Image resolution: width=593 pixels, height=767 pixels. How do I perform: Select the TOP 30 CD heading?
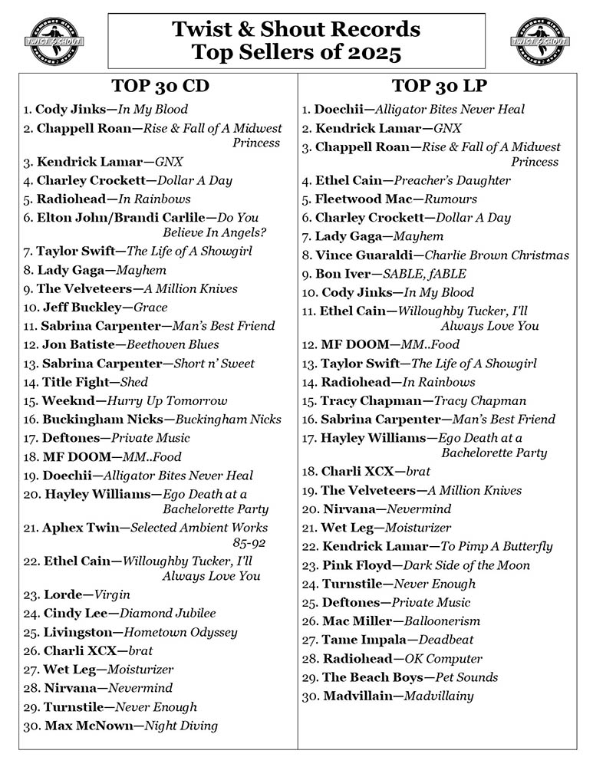tap(160, 84)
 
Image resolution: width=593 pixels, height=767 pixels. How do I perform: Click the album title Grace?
tap(150, 308)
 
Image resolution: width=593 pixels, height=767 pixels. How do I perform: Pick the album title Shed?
tap(135, 382)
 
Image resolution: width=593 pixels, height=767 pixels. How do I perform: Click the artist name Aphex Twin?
tap(82, 528)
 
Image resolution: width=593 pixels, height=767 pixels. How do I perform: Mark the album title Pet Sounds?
tap(466, 677)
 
